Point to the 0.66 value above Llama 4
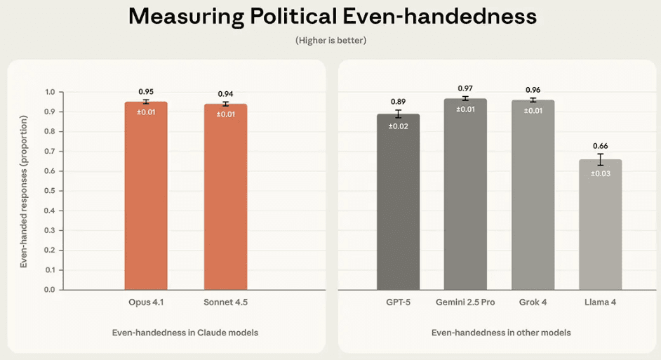tap(600, 145)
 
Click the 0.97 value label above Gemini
tap(465, 88)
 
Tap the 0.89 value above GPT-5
tap(398, 102)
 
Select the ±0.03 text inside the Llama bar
tap(600, 173)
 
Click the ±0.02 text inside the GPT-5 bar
tap(398, 126)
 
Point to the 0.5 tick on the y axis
tap(49, 191)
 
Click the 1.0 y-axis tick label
tap(49, 92)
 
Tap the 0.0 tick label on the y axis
tap(49, 289)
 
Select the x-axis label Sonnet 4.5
tap(225, 302)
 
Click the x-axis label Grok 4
tap(533, 302)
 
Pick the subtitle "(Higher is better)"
tap(330, 41)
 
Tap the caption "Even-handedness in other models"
tap(500, 332)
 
